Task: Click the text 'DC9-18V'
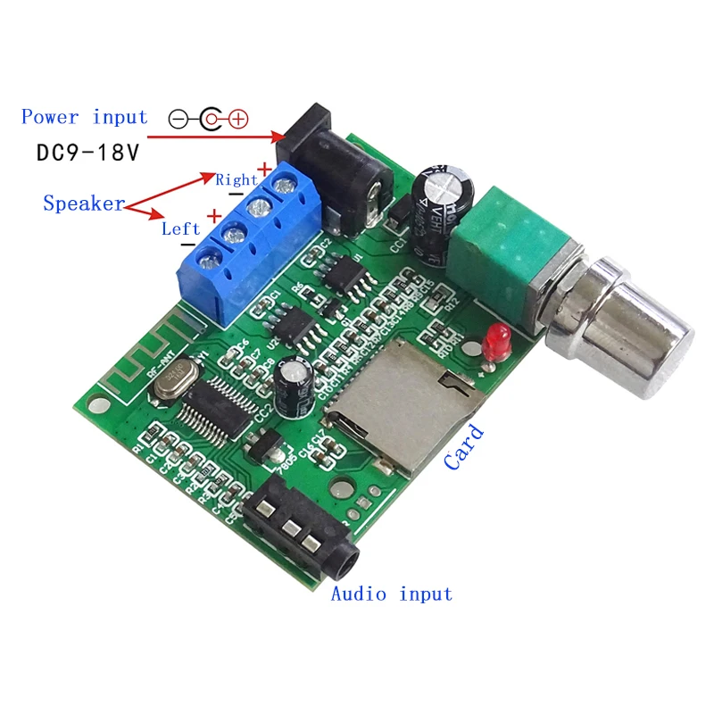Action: click(88, 152)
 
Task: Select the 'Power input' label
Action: click(85, 117)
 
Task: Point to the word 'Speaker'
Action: click(84, 203)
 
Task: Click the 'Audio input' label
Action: click(391, 594)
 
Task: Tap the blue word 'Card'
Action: click(464, 446)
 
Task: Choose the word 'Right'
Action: click(237, 179)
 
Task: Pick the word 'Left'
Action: click(180, 228)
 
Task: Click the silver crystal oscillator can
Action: click(169, 379)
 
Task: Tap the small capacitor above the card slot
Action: click(293, 384)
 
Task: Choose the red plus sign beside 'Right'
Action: click(264, 168)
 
